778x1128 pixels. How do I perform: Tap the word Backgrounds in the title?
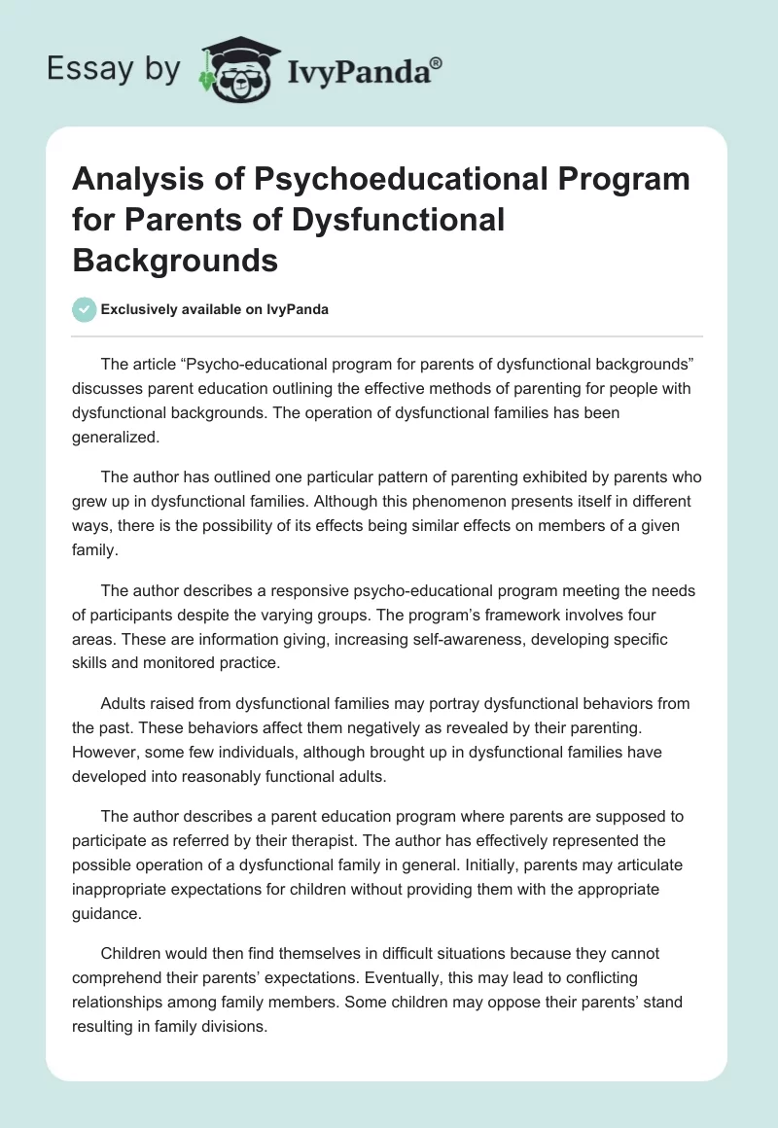point(175,260)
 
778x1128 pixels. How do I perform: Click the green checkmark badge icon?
point(85,309)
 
